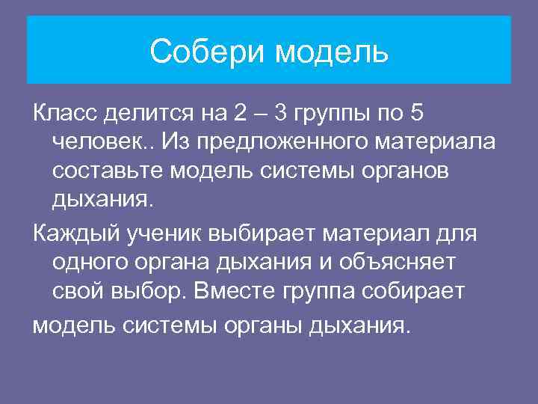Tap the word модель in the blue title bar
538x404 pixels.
tap(333, 52)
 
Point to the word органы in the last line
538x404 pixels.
tap(254, 326)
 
